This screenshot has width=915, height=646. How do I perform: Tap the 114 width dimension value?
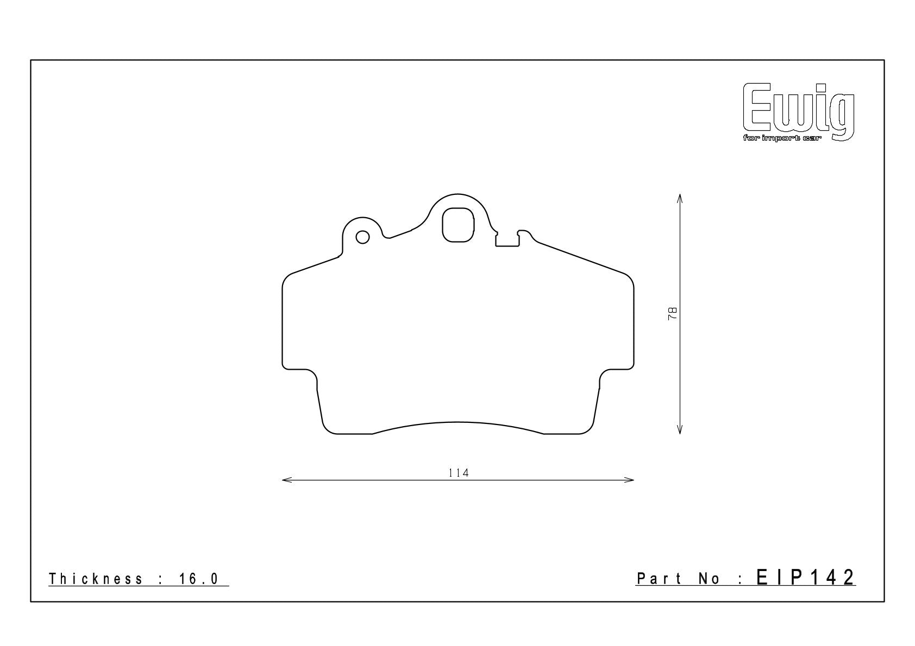click(x=459, y=473)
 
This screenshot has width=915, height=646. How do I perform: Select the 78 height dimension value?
click(x=672, y=313)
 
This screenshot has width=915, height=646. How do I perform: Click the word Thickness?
click(x=96, y=579)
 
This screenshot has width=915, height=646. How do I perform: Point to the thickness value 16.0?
click(x=199, y=579)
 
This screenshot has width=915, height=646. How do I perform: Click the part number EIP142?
click(x=805, y=578)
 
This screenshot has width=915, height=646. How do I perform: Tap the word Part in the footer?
click(x=659, y=579)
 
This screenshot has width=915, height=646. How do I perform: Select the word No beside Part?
click(x=710, y=579)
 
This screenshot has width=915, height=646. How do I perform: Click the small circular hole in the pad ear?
click(x=363, y=237)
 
